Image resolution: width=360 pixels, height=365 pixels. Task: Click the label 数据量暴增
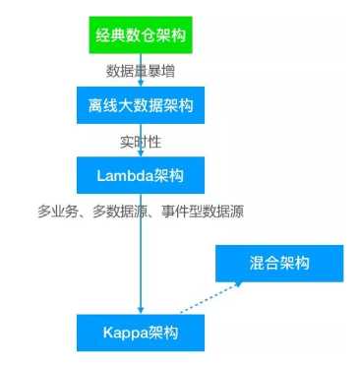click(142, 71)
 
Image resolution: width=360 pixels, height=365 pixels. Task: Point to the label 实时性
click(142, 141)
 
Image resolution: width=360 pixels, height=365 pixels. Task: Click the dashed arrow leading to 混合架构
click(209, 299)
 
